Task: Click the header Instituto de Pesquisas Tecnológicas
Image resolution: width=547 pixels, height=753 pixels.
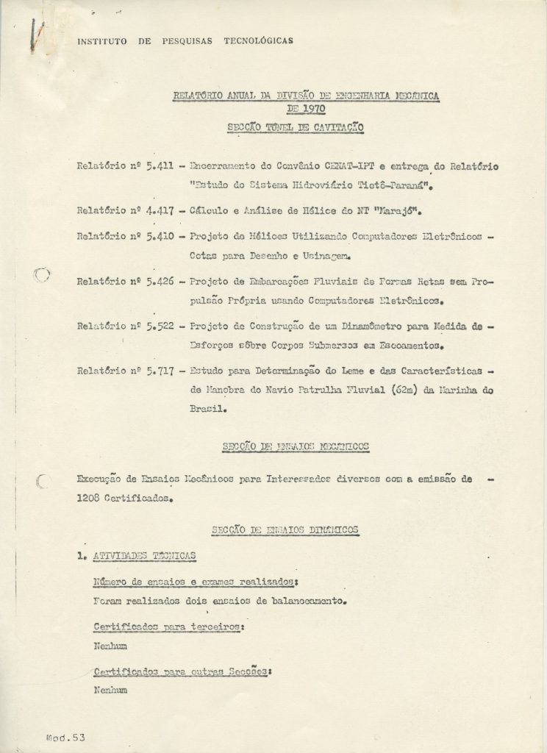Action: [x=185, y=41]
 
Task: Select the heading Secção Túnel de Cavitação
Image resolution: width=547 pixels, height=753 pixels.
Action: [x=296, y=127]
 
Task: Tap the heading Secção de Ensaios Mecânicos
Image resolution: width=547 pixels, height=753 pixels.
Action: [x=295, y=446]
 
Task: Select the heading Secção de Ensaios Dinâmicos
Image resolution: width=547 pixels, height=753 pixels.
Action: [x=285, y=529]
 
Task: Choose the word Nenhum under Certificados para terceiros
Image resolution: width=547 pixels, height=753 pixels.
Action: [x=110, y=646]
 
